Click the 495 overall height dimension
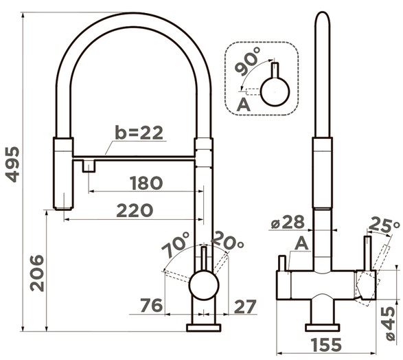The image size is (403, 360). (x=12, y=164)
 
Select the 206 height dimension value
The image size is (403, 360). (x=37, y=273)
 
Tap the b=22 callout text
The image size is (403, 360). (x=139, y=133)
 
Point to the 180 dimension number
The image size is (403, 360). (x=146, y=183)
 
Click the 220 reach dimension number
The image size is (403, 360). (x=135, y=210)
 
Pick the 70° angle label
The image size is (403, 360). (x=176, y=245)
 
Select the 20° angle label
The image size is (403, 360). (x=227, y=240)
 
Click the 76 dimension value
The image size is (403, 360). (x=151, y=306)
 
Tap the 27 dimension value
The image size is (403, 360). (x=246, y=306)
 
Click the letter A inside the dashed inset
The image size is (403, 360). (x=243, y=104)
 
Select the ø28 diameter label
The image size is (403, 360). (x=288, y=222)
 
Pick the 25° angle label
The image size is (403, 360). (x=384, y=225)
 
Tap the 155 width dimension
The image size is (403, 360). (x=326, y=345)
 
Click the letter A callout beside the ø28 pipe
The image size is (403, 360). (x=301, y=243)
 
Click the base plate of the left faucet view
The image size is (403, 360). (x=203, y=328)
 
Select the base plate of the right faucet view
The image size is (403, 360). (x=322, y=328)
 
